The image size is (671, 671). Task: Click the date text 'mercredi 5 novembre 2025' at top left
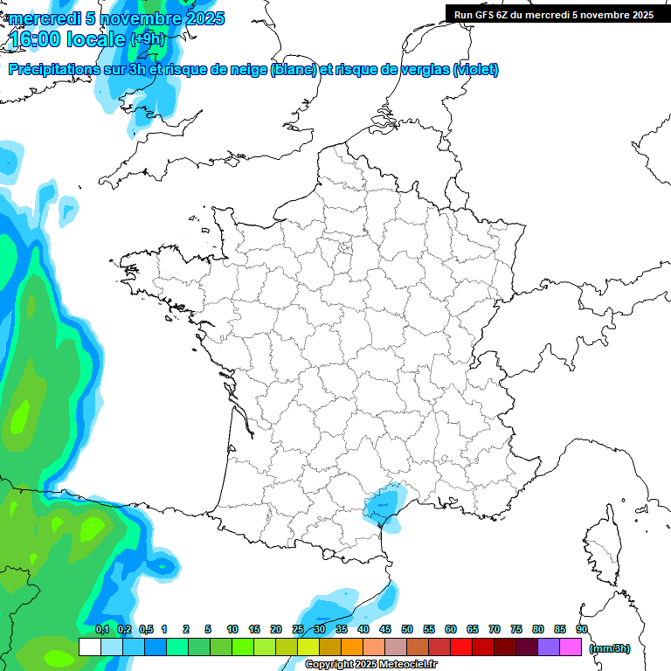tap(116, 18)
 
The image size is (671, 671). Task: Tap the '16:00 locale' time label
tap(68, 39)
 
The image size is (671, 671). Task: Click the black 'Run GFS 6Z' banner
tap(553, 14)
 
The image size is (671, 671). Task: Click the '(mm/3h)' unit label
tap(609, 647)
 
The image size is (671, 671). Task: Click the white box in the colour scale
tap(89, 647)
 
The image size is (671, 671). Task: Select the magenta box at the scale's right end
tap(571, 647)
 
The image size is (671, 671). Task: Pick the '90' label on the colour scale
tap(582, 629)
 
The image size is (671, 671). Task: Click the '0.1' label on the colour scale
tap(101, 629)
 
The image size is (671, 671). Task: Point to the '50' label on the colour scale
tap(407, 629)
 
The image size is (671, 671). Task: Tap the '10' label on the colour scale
tap(232, 629)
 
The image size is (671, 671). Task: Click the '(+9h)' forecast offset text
tap(148, 39)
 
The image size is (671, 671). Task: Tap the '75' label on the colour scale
tap(516, 629)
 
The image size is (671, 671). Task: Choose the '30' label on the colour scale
tap(320, 629)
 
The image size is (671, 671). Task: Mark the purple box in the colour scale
tap(549, 647)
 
